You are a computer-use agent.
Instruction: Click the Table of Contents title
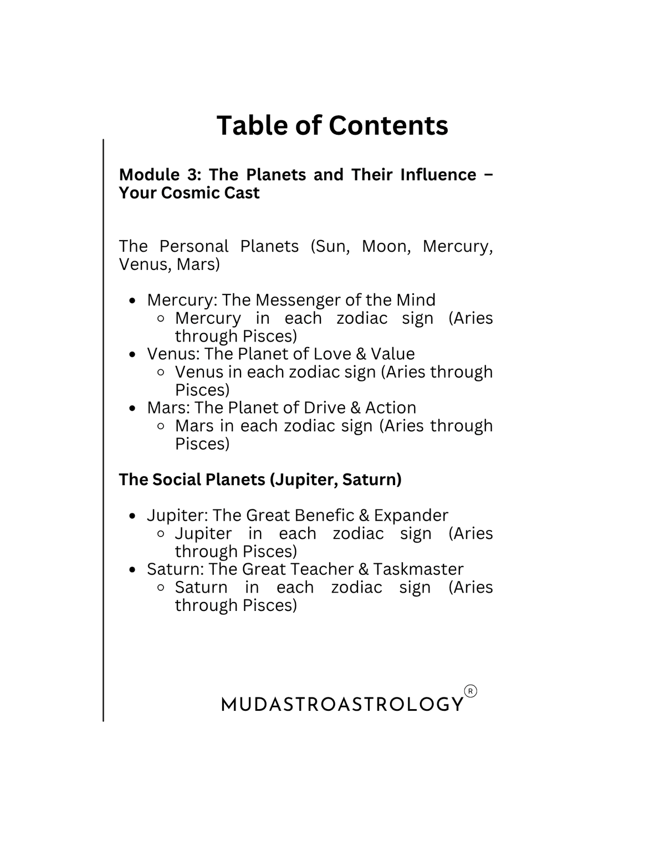pos(332,125)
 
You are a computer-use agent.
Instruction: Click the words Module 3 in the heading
pos(160,175)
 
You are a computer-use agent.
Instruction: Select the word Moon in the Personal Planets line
pos(386,246)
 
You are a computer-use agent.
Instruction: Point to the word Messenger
pos(289,300)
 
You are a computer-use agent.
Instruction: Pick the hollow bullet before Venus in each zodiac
pos(161,373)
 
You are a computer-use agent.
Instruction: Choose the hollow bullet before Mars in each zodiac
pos(161,426)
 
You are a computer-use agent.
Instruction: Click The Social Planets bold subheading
pos(260,480)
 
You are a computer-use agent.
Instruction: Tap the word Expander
pos(411,515)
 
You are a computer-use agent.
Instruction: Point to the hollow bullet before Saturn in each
pos(161,588)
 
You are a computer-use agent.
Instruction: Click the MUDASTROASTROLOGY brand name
pos(342,705)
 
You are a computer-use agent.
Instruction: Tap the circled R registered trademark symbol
pos(470,691)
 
